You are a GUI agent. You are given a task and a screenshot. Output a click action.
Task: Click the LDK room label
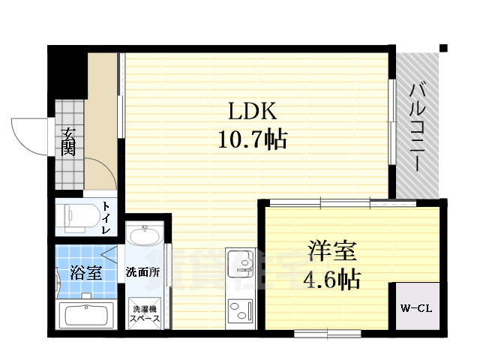[x=253, y=112]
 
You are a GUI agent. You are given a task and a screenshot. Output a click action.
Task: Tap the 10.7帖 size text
[x=253, y=139]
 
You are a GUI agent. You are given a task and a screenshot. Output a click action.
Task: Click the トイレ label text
[x=108, y=217]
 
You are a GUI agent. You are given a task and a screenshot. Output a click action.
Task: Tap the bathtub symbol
[x=85, y=313]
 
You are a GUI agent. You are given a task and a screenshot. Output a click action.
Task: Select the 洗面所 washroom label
[x=142, y=271]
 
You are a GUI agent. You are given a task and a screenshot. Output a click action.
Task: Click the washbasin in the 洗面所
[x=143, y=237]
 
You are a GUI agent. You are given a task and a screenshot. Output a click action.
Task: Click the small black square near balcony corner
[x=443, y=49]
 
